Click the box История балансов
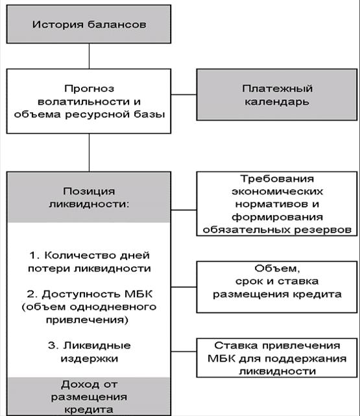pyautogui.click(x=89, y=25)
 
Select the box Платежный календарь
pyautogui.click(x=277, y=95)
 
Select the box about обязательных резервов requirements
pyautogui.click(x=277, y=204)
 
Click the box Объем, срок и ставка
pyautogui.click(x=277, y=281)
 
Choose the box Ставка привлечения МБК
pyautogui.click(x=277, y=358)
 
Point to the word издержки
pyautogui.click(x=89, y=358)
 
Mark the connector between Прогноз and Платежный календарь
pyautogui.click(x=185, y=95)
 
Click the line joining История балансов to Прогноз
pyautogui.click(x=89, y=54)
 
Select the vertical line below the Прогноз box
pyautogui.click(x=89, y=152)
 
